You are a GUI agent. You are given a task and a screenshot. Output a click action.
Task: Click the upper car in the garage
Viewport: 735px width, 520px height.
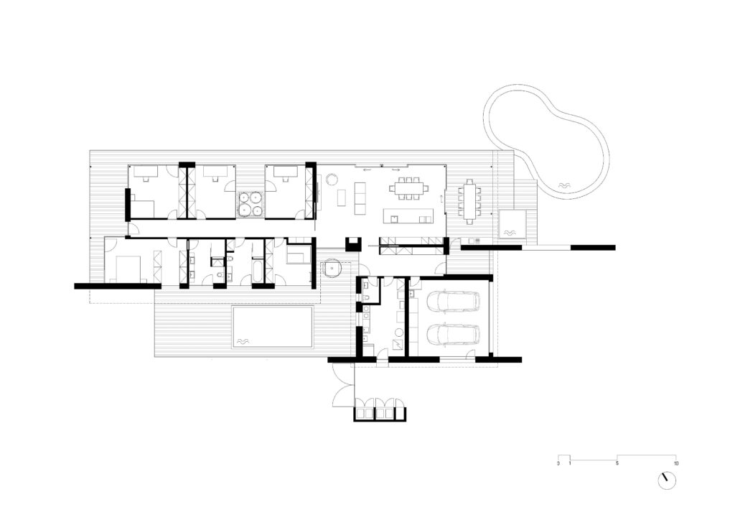[x=453, y=302]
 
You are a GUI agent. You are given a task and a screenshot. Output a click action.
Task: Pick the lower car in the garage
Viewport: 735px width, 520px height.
[x=453, y=334]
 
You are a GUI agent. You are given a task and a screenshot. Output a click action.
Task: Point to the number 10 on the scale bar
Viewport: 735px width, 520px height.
[x=675, y=464]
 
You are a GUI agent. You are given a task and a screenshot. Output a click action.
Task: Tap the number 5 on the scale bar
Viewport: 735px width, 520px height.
[x=617, y=464]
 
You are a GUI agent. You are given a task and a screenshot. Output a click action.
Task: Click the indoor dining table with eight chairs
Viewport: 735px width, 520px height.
[x=408, y=188]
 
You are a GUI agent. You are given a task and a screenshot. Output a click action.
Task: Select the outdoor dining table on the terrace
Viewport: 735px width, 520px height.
[x=469, y=202]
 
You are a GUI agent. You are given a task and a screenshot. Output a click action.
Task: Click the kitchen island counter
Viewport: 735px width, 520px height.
[x=408, y=215]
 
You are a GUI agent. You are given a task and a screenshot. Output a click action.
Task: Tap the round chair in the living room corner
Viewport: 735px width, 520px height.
[x=332, y=179]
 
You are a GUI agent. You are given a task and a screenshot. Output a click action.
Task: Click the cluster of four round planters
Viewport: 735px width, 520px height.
[x=250, y=205]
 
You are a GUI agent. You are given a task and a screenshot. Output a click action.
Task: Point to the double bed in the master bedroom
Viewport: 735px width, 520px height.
[x=125, y=269]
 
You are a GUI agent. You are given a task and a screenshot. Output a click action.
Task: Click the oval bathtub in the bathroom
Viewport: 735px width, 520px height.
[x=258, y=272]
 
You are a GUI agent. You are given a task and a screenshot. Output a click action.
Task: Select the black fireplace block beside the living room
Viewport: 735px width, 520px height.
[x=353, y=243]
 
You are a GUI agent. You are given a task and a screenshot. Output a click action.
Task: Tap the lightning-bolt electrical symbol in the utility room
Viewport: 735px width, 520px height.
[x=397, y=345]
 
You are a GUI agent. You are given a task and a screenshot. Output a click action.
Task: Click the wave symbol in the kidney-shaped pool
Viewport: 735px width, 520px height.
[x=563, y=186]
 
